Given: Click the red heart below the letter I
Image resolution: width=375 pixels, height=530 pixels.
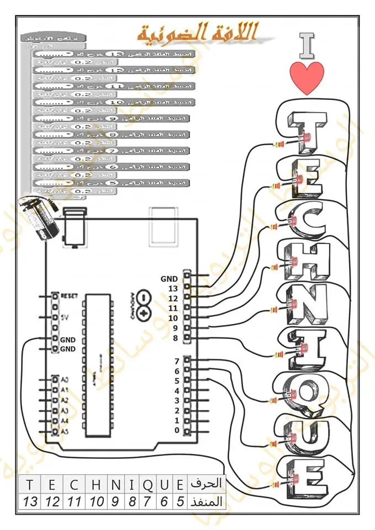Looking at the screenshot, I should click(x=307, y=78).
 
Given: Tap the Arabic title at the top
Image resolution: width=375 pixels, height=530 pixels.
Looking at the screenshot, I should click(x=197, y=33).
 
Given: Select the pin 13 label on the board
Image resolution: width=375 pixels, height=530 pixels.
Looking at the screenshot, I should click(x=173, y=288).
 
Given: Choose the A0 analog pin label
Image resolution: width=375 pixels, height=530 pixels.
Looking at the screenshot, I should click(x=65, y=380).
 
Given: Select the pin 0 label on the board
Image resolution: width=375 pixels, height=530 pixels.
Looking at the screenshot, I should click(x=177, y=430).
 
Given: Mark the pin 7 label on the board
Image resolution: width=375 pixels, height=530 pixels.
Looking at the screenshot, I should click(x=177, y=361).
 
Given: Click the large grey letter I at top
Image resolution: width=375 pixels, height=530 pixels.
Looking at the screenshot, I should click(x=307, y=45).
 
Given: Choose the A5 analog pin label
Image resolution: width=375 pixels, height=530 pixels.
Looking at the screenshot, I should click(x=65, y=431).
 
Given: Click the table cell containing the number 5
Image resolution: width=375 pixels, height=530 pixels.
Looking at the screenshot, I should click(x=180, y=502).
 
